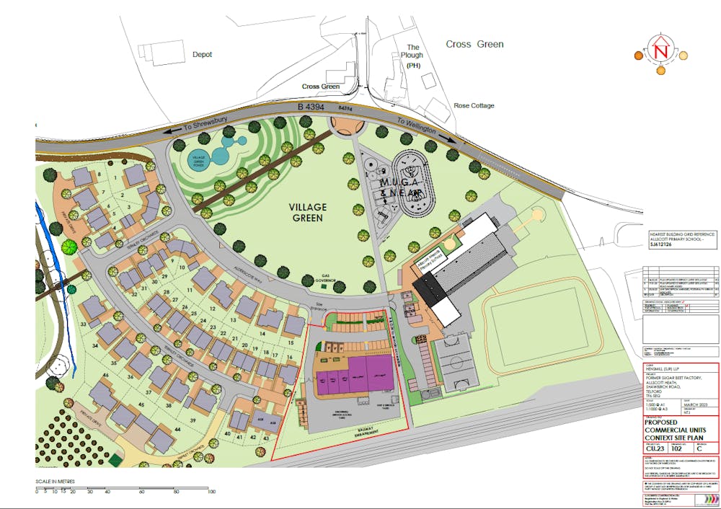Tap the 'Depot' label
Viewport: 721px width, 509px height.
(x=202, y=54)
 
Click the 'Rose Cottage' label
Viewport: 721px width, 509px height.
(x=474, y=105)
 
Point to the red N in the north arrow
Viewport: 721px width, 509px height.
(x=660, y=51)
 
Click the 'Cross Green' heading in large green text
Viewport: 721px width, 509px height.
(x=474, y=44)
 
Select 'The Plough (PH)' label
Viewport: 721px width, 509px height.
(x=413, y=56)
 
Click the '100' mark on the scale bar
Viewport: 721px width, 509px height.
(x=211, y=491)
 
